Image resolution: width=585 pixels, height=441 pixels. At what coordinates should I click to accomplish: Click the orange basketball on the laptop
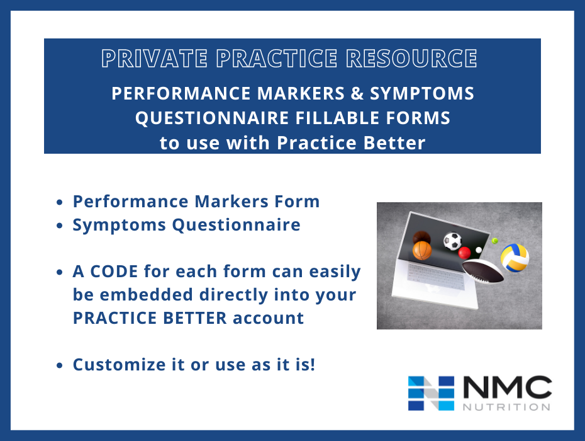point(422,249)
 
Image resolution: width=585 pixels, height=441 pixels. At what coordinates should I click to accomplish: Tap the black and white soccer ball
point(452,241)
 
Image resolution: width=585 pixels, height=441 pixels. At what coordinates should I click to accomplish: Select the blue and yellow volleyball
point(515,258)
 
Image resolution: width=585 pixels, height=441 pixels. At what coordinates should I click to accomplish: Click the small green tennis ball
point(494,241)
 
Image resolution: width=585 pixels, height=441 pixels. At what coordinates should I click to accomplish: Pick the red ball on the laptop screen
point(464,253)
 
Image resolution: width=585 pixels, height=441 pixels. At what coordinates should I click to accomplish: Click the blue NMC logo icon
point(431,393)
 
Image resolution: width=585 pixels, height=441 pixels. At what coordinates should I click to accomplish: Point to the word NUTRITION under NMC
point(507,406)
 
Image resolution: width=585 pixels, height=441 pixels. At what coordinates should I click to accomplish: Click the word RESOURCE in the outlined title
point(411,59)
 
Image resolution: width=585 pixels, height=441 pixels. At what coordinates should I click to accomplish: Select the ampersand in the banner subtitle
point(357,94)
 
